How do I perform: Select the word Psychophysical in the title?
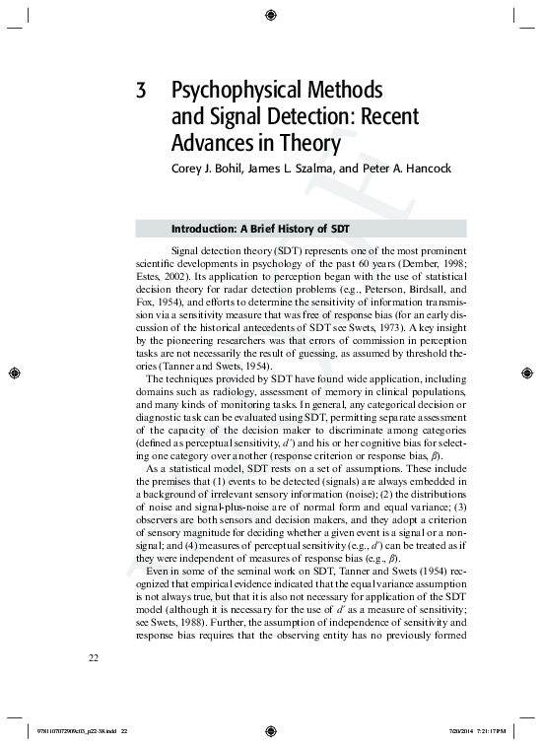(x=226, y=93)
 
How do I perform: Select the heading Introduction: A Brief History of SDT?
(x=262, y=228)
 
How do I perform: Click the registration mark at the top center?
(x=271, y=13)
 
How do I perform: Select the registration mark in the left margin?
(x=13, y=373)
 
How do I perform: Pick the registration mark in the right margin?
(x=529, y=373)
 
